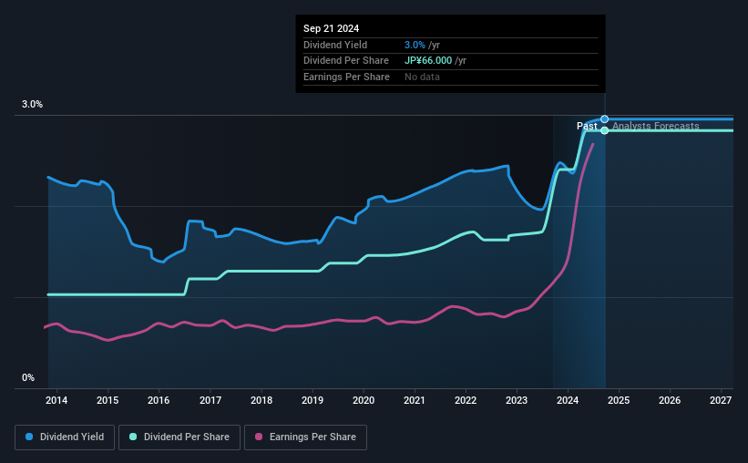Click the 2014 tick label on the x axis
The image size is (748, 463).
click(x=56, y=400)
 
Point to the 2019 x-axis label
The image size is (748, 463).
click(x=313, y=400)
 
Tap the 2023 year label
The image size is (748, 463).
click(x=517, y=400)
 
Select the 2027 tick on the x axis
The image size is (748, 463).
click(x=721, y=400)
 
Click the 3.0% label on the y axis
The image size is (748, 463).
click(x=33, y=105)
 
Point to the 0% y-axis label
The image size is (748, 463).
click(x=28, y=377)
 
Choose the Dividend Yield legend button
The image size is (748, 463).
click(x=64, y=437)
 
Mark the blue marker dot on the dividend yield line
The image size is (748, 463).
click(x=604, y=119)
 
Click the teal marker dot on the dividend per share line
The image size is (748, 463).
click(x=604, y=130)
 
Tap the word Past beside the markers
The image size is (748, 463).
click(x=587, y=126)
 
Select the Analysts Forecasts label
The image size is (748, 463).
click(x=656, y=126)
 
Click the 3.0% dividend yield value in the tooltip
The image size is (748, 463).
click(x=414, y=45)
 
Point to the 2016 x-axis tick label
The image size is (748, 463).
click(x=159, y=400)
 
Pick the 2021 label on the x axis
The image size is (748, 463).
click(x=415, y=400)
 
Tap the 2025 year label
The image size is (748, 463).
click(x=619, y=400)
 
